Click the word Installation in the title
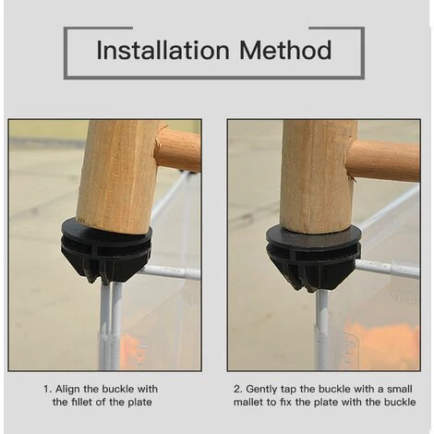(x=163, y=50)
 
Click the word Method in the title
(x=285, y=50)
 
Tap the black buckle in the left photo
(x=106, y=250)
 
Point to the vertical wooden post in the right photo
(x=317, y=175)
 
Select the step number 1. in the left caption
(x=47, y=389)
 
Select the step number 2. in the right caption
(x=238, y=389)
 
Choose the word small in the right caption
(x=400, y=389)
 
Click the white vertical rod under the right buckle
(x=322, y=330)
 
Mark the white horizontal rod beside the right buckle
(x=388, y=269)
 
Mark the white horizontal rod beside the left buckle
(x=171, y=272)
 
